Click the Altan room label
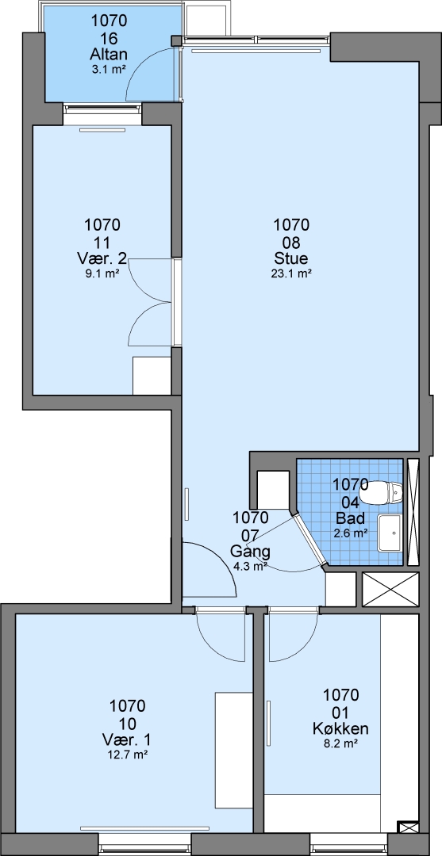pos(109,55)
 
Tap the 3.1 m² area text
pos(109,69)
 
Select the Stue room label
pos(291,258)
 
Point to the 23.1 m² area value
pos(291,274)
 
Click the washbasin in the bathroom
pos(390,533)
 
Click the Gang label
pos(250,550)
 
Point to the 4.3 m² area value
pos(250,566)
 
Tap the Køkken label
pos(340,728)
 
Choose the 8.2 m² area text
pos(340,743)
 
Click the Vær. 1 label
pos(127,739)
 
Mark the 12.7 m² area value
pos(127,755)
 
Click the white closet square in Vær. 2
pos(152,376)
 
